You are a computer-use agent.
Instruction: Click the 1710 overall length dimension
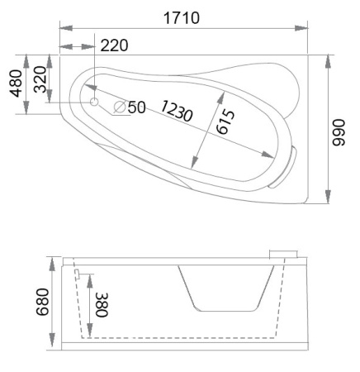click(x=182, y=17)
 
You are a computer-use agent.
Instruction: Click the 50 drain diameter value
click(x=136, y=107)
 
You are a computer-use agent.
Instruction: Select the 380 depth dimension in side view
click(x=100, y=305)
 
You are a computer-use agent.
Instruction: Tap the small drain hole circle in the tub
click(x=93, y=103)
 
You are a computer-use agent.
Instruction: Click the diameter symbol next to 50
click(x=120, y=107)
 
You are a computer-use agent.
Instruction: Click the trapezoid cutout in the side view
click(x=225, y=289)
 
